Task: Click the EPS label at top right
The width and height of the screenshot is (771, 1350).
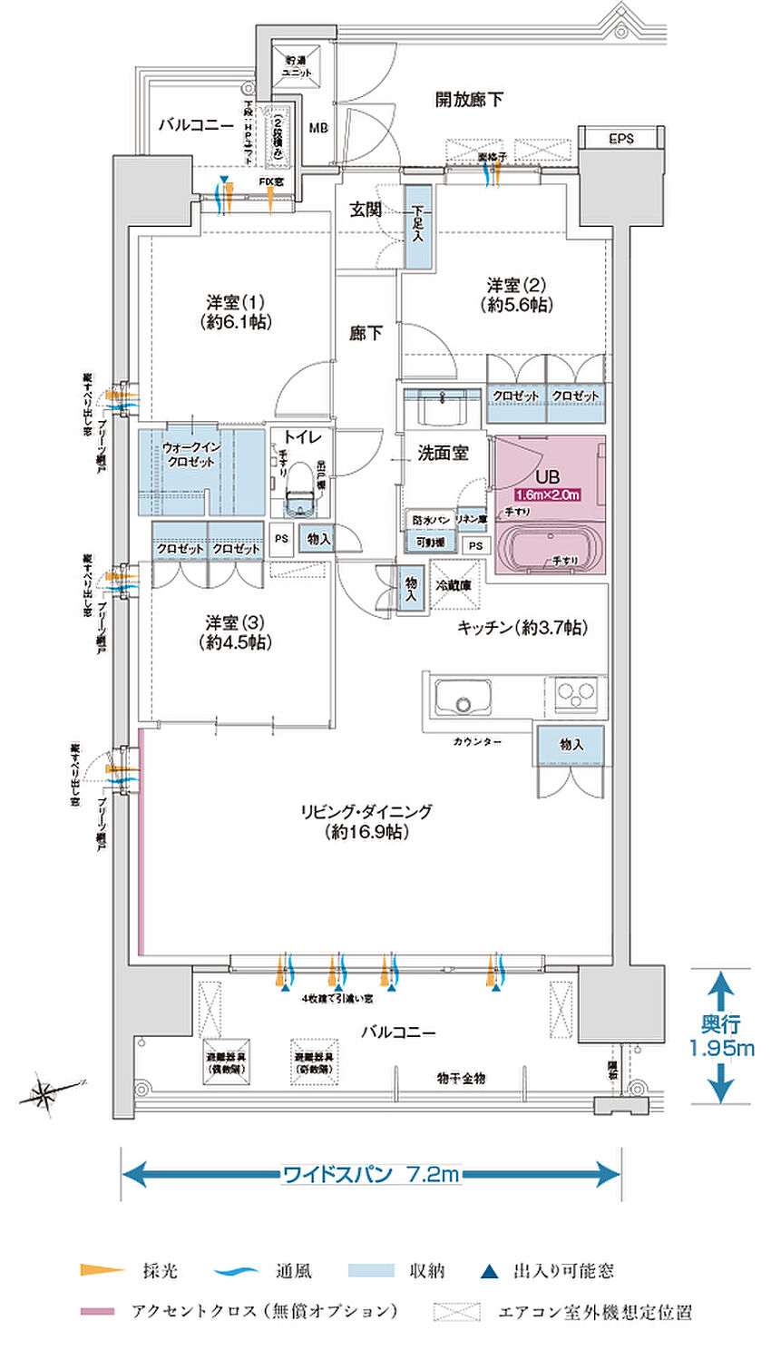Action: pyautogui.click(x=621, y=139)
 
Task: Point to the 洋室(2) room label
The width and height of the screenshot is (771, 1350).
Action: pyautogui.click(x=519, y=294)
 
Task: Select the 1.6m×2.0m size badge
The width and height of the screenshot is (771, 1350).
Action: pyautogui.click(x=547, y=494)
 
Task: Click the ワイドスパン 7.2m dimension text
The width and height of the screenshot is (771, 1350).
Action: pyautogui.click(x=371, y=1174)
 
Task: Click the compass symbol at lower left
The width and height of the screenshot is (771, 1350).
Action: pyautogui.click(x=44, y=1093)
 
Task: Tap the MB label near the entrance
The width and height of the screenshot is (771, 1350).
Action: pyautogui.click(x=317, y=128)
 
